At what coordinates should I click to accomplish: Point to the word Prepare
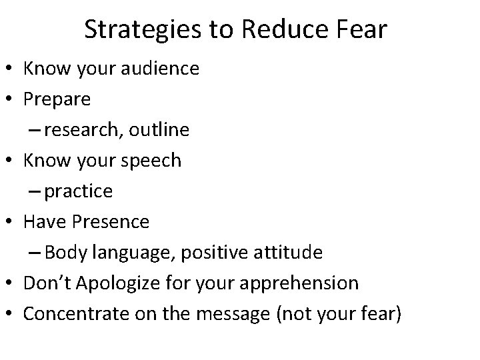[x=57, y=100]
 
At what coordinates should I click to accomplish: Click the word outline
[x=160, y=131]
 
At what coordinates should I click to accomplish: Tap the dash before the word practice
[x=36, y=192]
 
